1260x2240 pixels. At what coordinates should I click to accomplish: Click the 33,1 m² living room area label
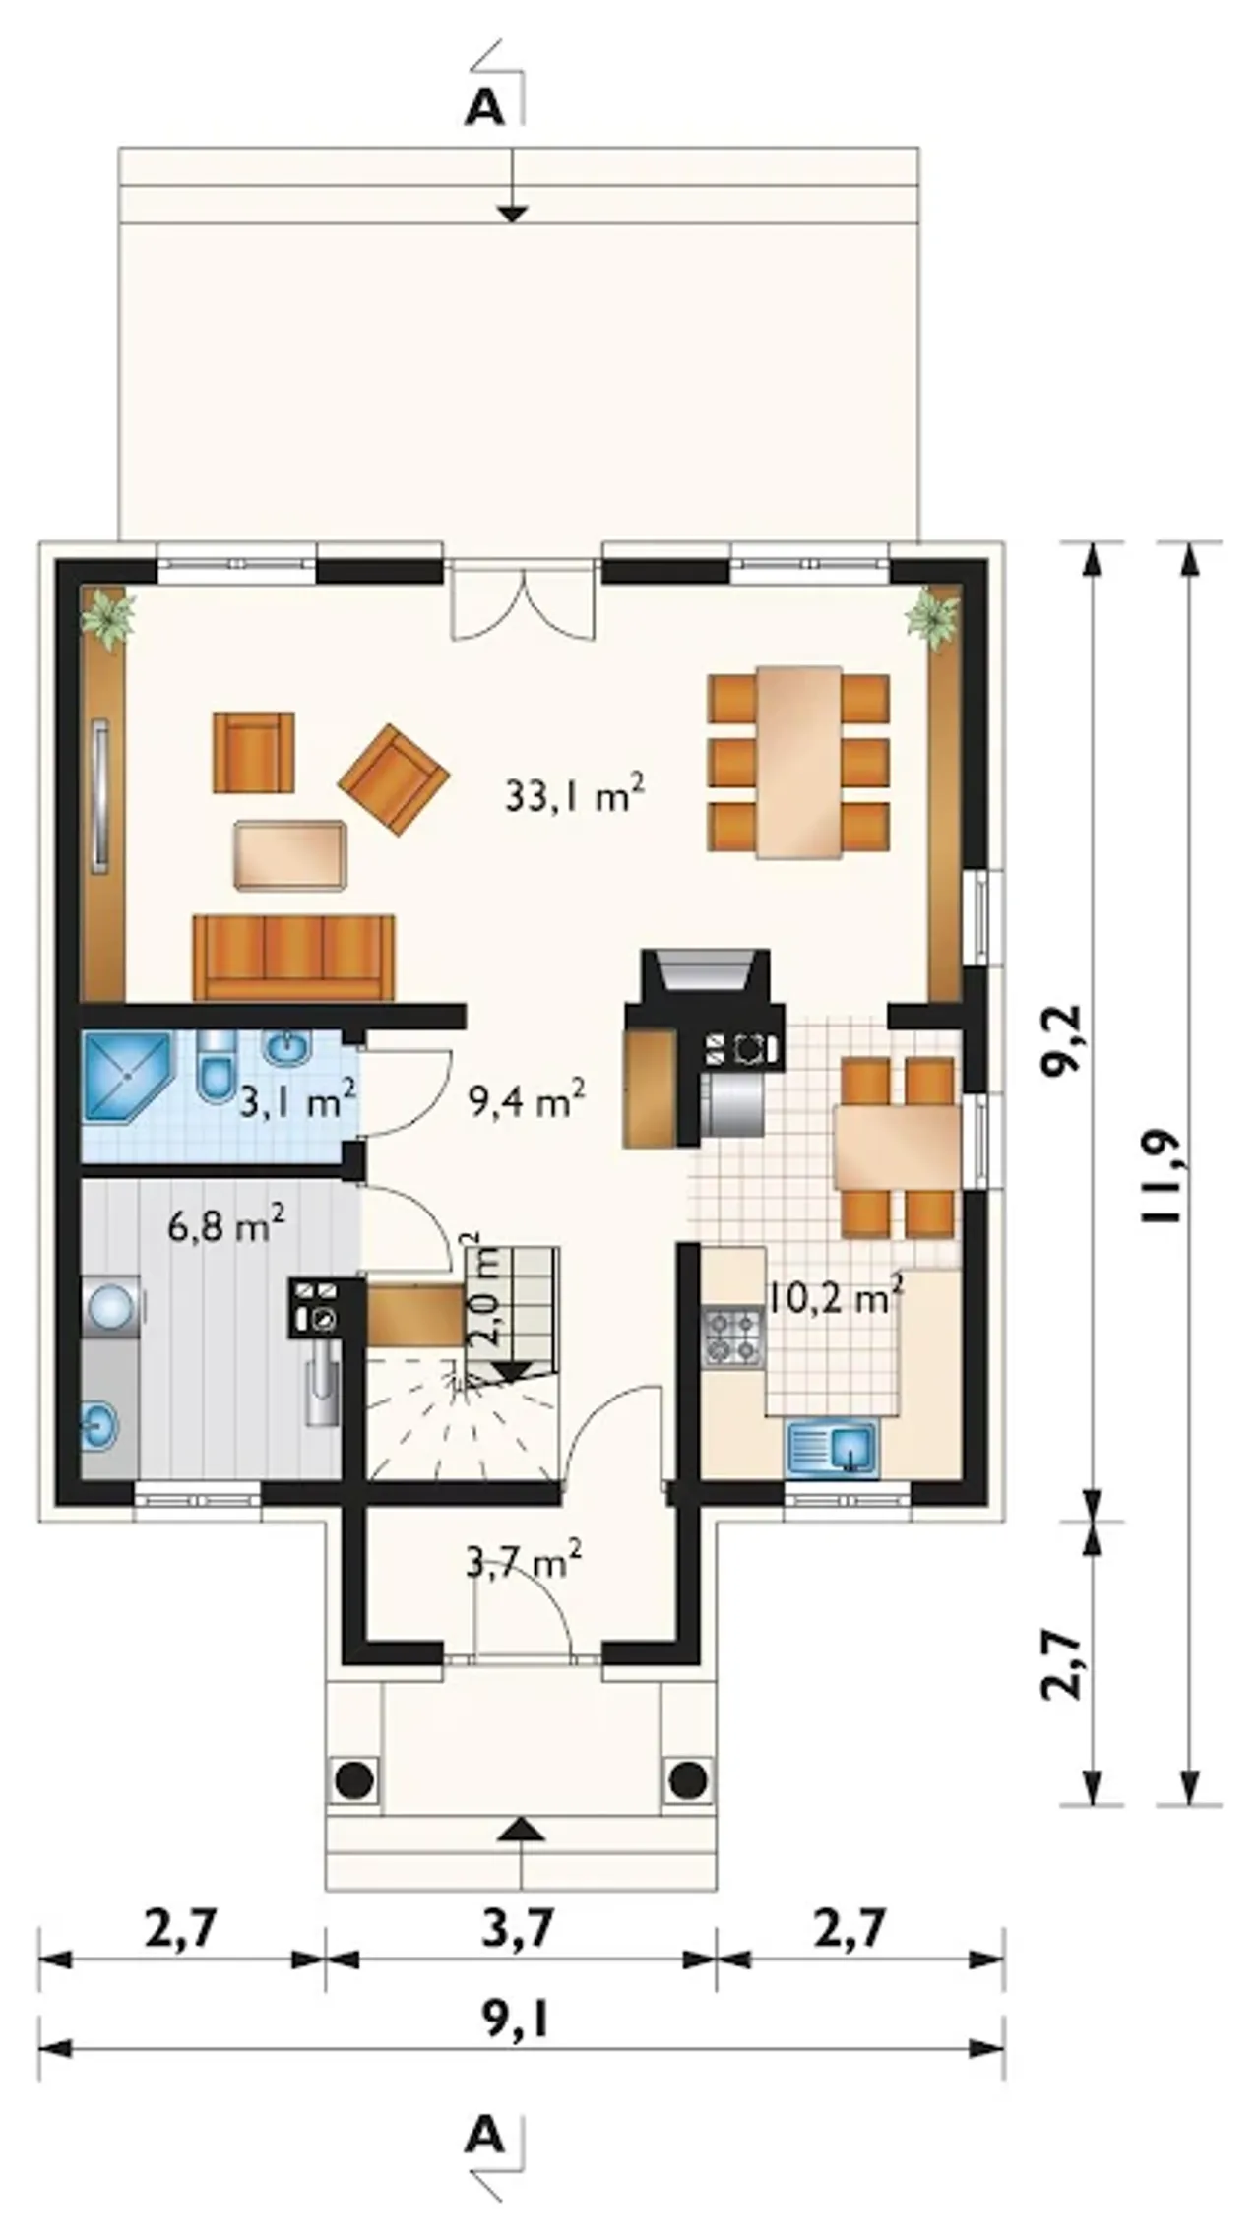575,794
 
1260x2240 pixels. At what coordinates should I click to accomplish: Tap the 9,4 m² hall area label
528,1099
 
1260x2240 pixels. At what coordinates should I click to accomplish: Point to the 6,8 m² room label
226,1227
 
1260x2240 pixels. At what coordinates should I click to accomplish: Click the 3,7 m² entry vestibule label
522,1562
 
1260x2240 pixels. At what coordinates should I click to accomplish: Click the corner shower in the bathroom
127,1076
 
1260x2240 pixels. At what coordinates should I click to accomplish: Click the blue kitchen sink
832,1450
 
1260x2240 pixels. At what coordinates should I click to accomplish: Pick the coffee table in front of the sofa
290,855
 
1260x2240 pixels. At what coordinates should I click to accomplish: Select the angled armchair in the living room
393,779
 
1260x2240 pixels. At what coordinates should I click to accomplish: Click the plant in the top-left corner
108,618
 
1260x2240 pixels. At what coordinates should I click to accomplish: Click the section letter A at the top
484,110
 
